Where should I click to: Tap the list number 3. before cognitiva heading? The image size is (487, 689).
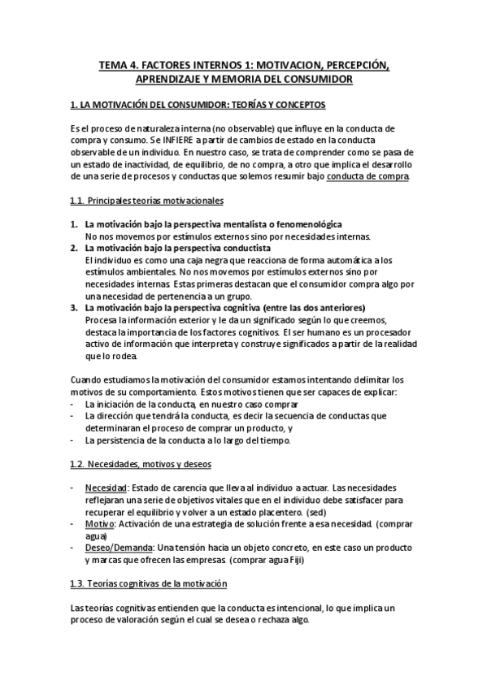(73, 308)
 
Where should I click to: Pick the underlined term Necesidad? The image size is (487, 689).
(106, 487)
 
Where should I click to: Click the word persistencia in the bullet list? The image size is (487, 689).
(124, 440)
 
